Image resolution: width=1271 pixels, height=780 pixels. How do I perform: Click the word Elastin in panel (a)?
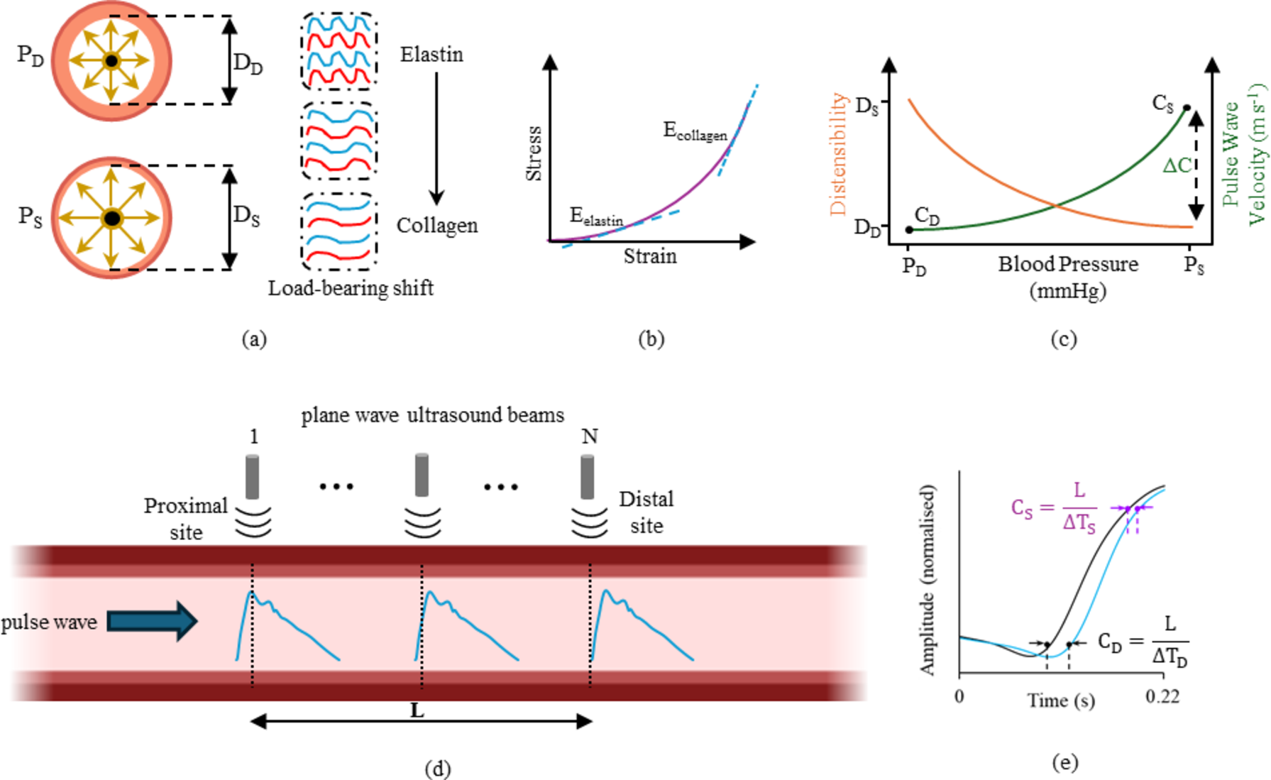pyautogui.click(x=431, y=55)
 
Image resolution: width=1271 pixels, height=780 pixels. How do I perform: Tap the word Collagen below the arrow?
pyautogui.click(x=436, y=226)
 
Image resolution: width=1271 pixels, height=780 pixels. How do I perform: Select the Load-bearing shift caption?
pyautogui.click(x=351, y=288)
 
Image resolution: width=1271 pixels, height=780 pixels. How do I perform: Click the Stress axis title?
pyautogui.click(x=534, y=153)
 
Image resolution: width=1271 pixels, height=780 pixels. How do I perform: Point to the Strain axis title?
pyautogui.click(x=650, y=256)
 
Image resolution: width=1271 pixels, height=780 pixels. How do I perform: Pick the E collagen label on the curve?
pyautogui.click(x=695, y=131)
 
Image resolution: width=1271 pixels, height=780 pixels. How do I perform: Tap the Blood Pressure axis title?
pyautogui.click(x=1068, y=265)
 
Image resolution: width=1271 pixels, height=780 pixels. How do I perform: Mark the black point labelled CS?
pyautogui.click(x=1187, y=108)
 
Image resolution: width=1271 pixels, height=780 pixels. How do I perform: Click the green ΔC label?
pyautogui.click(x=1177, y=166)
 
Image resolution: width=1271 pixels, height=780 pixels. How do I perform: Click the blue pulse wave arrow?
pyautogui.click(x=152, y=621)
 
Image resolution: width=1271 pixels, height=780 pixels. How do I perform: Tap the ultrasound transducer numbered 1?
pyautogui.click(x=252, y=477)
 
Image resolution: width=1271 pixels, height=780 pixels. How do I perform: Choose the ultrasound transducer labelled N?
pyautogui.click(x=588, y=477)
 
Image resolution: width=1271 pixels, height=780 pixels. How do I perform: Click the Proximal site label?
pyautogui.click(x=186, y=519)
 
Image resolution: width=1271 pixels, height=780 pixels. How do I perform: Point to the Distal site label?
pyautogui.click(x=646, y=512)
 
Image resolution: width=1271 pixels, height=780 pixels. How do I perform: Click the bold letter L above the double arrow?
pyautogui.click(x=417, y=710)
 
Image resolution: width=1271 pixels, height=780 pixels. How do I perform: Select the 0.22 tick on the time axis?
pyautogui.click(x=1162, y=696)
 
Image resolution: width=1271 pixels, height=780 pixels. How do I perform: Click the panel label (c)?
pyautogui.click(x=1064, y=339)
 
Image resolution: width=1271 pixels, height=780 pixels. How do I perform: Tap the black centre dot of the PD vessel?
pyautogui.click(x=111, y=61)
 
